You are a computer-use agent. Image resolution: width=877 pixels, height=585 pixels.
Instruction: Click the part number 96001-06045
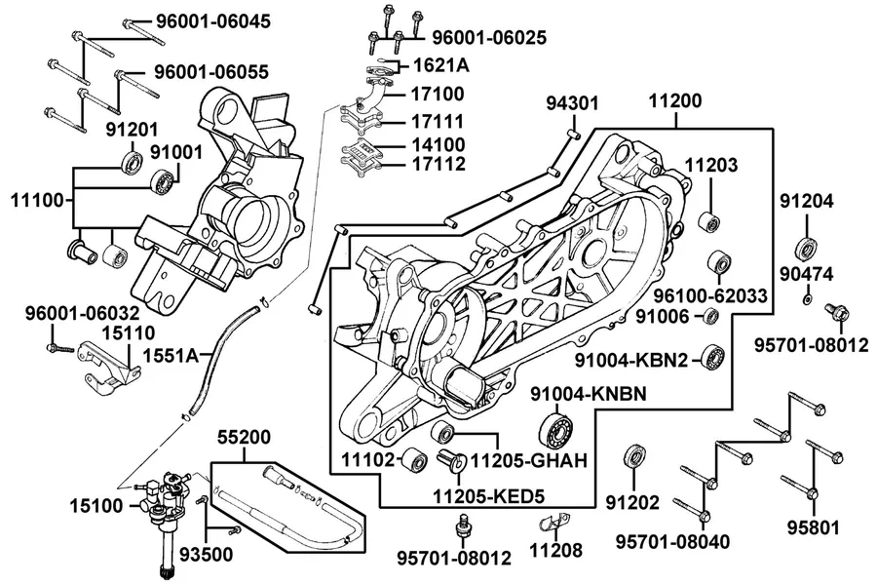pyautogui.click(x=213, y=21)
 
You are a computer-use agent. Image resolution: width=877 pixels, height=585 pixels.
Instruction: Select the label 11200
pyautogui.click(x=675, y=100)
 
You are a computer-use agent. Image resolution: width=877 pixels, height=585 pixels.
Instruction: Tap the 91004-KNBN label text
pyautogui.click(x=588, y=394)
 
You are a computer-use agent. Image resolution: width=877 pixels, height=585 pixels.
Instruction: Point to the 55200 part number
pyautogui.click(x=244, y=437)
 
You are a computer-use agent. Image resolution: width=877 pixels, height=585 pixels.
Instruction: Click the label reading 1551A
pyautogui.click(x=172, y=355)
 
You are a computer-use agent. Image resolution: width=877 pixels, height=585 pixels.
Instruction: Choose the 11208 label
pyautogui.click(x=555, y=550)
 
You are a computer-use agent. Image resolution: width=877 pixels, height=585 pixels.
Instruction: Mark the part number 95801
pyautogui.click(x=814, y=527)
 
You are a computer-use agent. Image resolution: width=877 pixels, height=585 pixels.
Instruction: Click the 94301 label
pyautogui.click(x=572, y=103)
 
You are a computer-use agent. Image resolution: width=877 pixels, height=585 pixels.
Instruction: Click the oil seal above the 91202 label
pyautogui.click(x=633, y=457)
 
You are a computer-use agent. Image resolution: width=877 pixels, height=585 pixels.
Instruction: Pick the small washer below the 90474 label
pyautogui.click(x=807, y=299)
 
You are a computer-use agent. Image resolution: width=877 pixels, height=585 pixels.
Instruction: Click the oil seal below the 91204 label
pyautogui.click(x=806, y=250)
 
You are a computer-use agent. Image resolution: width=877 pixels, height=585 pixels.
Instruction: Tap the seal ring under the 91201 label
pyautogui.click(x=133, y=163)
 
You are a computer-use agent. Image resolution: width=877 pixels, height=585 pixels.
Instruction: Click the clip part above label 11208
pyautogui.click(x=554, y=523)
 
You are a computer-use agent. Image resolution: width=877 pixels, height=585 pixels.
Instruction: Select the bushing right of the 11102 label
pyautogui.click(x=415, y=459)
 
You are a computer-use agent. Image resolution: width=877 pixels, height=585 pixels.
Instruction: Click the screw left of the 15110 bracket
pyautogui.click(x=60, y=349)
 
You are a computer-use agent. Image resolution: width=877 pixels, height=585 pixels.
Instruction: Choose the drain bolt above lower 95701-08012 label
pyautogui.click(x=463, y=526)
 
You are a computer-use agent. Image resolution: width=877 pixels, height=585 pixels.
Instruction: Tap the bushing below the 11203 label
pyautogui.click(x=709, y=223)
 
